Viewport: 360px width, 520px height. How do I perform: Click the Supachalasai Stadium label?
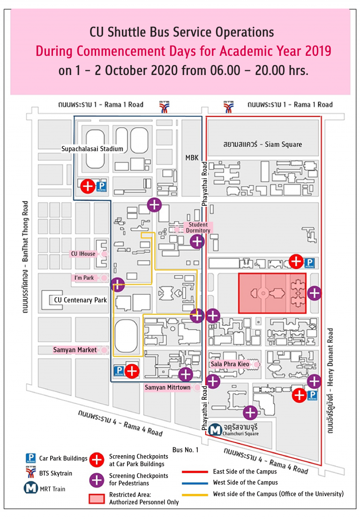pos(92,149)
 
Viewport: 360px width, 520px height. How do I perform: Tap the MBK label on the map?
pos(193,158)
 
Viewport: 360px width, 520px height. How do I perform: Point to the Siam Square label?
pos(262,144)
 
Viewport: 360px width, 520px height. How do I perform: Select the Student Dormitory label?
pos(198,228)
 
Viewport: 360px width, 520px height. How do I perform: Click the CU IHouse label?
pos(83,254)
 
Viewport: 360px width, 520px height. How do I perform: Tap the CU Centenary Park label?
pos(80,300)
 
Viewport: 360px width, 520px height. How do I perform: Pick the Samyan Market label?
pos(75,350)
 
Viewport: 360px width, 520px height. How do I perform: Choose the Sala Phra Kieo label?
pos(229,364)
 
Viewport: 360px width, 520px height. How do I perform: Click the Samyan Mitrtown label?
pos(167,388)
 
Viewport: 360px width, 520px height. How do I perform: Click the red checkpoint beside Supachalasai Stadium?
pos(87,186)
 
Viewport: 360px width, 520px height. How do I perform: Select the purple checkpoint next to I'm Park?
pos(117,284)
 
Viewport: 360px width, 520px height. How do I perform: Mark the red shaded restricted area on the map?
pos(272,293)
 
